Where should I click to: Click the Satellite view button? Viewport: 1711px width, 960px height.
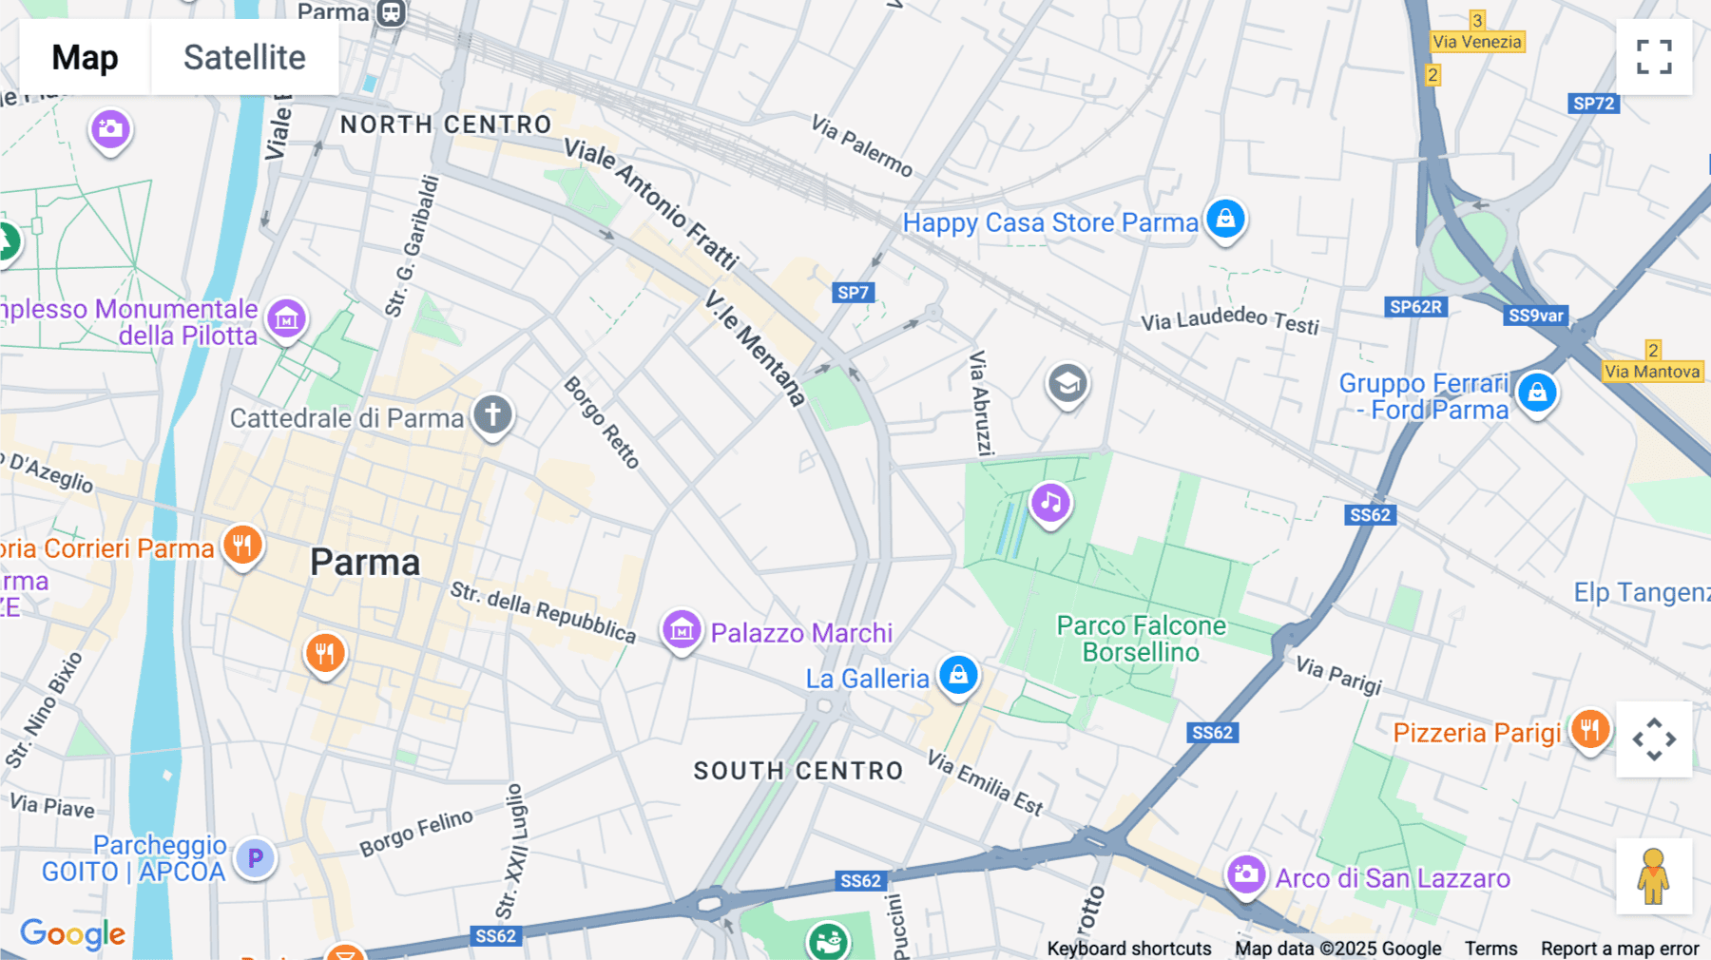pyautogui.click(x=244, y=57)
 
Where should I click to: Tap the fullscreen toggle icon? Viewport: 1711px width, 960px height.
pyautogui.click(x=1654, y=57)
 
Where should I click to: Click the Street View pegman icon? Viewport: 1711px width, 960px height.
pyautogui.click(x=1654, y=876)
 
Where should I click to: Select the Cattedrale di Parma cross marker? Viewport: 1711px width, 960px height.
pyautogui.click(x=492, y=415)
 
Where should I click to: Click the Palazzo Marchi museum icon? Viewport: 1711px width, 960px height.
pyautogui.click(x=682, y=630)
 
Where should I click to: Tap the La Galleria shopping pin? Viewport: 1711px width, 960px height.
pyautogui.click(x=958, y=676)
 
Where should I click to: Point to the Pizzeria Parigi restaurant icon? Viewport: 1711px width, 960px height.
pyautogui.click(x=1589, y=730)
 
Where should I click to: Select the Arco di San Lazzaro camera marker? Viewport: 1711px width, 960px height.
pyautogui.click(x=1245, y=874)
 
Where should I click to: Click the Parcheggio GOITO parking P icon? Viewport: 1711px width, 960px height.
pyautogui.click(x=255, y=858)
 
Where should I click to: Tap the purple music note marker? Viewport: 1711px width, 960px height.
pyautogui.click(x=1050, y=503)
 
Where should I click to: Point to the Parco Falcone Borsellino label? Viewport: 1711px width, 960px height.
pyautogui.click(x=1141, y=639)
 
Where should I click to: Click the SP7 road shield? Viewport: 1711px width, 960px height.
pyautogui.click(x=853, y=293)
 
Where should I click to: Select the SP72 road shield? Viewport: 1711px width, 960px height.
pyautogui.click(x=1593, y=104)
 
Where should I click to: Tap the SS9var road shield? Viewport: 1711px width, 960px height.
pyautogui.click(x=1536, y=316)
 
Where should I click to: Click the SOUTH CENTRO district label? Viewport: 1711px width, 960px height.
pyautogui.click(x=798, y=771)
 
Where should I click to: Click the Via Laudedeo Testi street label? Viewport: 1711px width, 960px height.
pyautogui.click(x=1230, y=319)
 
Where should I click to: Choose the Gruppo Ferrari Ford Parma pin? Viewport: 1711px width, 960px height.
pyautogui.click(x=1536, y=393)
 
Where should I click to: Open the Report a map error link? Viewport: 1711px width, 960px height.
pyautogui.click(x=1620, y=949)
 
